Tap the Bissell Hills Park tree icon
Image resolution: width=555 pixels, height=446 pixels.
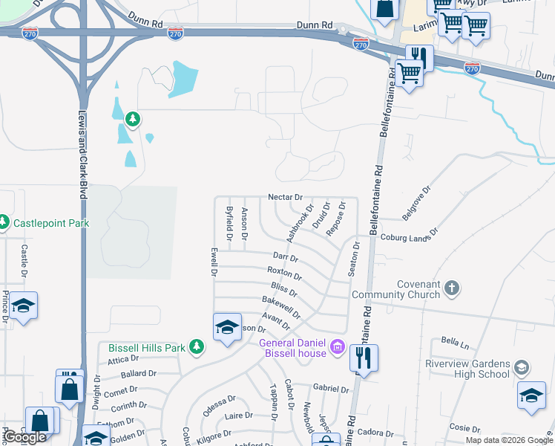pos(196,346)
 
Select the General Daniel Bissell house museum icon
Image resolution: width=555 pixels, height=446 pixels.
pos(338,346)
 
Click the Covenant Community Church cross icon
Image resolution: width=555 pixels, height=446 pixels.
pos(452,286)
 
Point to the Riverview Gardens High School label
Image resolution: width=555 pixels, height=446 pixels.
pos(467,369)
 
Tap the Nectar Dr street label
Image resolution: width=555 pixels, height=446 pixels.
pos(286,198)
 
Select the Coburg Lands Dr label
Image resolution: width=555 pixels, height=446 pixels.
pos(410,234)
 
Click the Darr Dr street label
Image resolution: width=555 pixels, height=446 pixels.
pos(285,257)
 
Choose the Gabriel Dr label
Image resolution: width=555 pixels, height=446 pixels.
pos(330,389)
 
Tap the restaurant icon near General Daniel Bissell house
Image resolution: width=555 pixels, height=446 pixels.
pos(364,359)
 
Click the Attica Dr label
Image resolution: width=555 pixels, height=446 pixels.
pos(123,360)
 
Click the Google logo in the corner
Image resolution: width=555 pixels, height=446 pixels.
pos(24,437)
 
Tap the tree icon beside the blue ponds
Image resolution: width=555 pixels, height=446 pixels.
pos(133,118)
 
